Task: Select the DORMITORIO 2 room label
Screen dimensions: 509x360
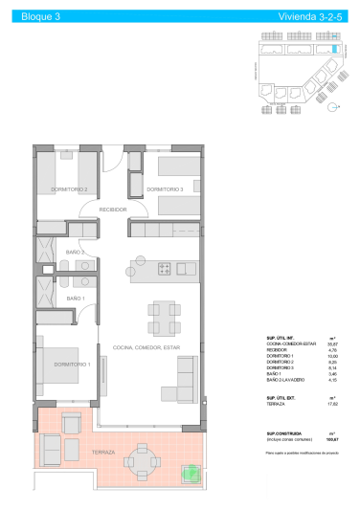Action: point(70,189)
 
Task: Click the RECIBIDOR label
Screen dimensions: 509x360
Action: point(113,209)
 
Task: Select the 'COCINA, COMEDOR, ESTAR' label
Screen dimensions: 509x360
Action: point(146,347)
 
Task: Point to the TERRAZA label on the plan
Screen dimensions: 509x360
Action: point(103,452)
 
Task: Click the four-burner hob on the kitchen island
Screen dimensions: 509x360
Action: point(164,268)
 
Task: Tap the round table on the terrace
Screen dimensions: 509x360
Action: point(144,462)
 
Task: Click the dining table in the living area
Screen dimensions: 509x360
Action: point(162,313)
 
